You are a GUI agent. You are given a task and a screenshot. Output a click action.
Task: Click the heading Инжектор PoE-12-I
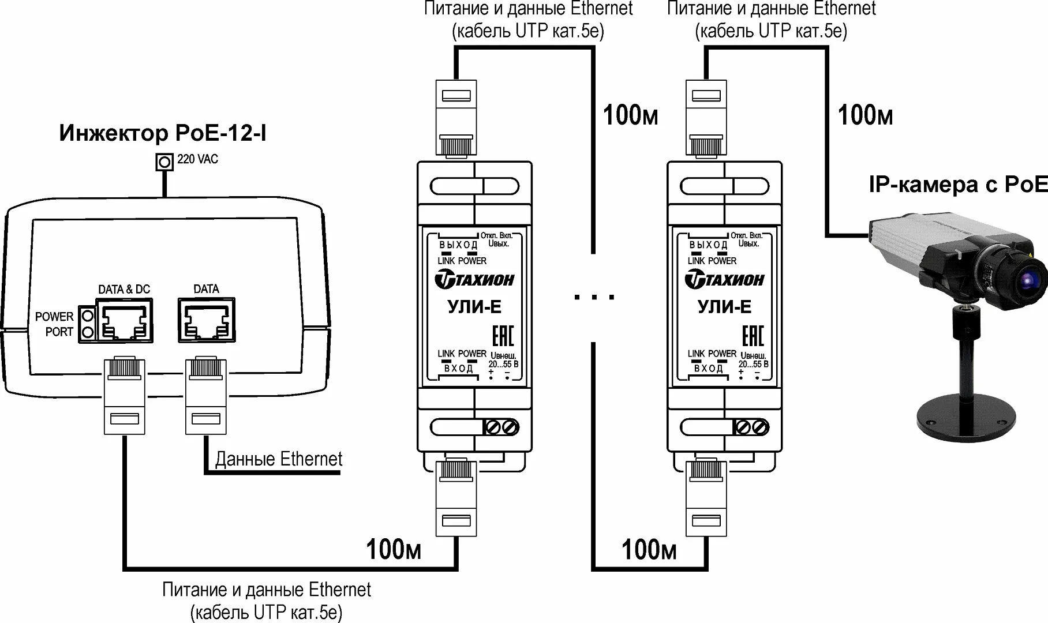[163, 133]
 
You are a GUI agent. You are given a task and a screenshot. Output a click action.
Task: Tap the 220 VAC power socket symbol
[165, 162]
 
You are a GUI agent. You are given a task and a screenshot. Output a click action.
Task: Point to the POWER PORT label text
[55, 324]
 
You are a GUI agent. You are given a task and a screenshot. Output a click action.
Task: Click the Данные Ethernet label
[279, 459]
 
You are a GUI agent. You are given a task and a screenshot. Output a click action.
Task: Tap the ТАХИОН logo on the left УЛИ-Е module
[474, 280]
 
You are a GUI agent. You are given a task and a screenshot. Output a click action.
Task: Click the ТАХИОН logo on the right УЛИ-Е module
[724, 280]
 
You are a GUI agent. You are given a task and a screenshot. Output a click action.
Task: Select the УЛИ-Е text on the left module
[474, 306]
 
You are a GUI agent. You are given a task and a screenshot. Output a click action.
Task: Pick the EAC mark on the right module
[753, 336]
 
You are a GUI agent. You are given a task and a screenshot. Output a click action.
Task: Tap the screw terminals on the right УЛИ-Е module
[751, 427]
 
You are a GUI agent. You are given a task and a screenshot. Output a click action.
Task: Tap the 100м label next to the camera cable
[865, 116]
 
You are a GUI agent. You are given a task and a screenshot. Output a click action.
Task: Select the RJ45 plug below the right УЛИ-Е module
[706, 498]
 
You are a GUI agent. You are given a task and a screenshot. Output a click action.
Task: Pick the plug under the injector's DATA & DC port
[124, 395]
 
